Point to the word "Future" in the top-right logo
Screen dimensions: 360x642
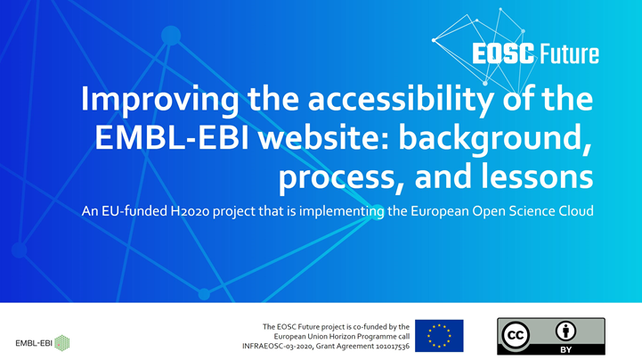[569, 54]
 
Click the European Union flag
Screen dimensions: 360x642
[439, 335]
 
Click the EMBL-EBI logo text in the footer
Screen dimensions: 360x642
[34, 343]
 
